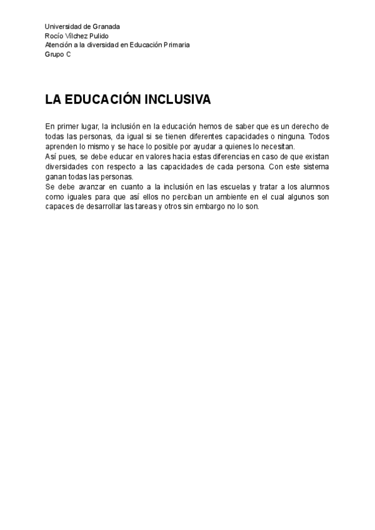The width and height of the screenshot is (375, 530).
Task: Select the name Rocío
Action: click(54, 36)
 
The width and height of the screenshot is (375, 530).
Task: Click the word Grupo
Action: click(54, 54)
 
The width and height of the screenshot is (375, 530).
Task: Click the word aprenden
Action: click(60, 146)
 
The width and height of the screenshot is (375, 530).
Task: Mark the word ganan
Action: click(54, 176)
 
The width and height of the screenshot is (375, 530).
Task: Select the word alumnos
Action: click(314, 187)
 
